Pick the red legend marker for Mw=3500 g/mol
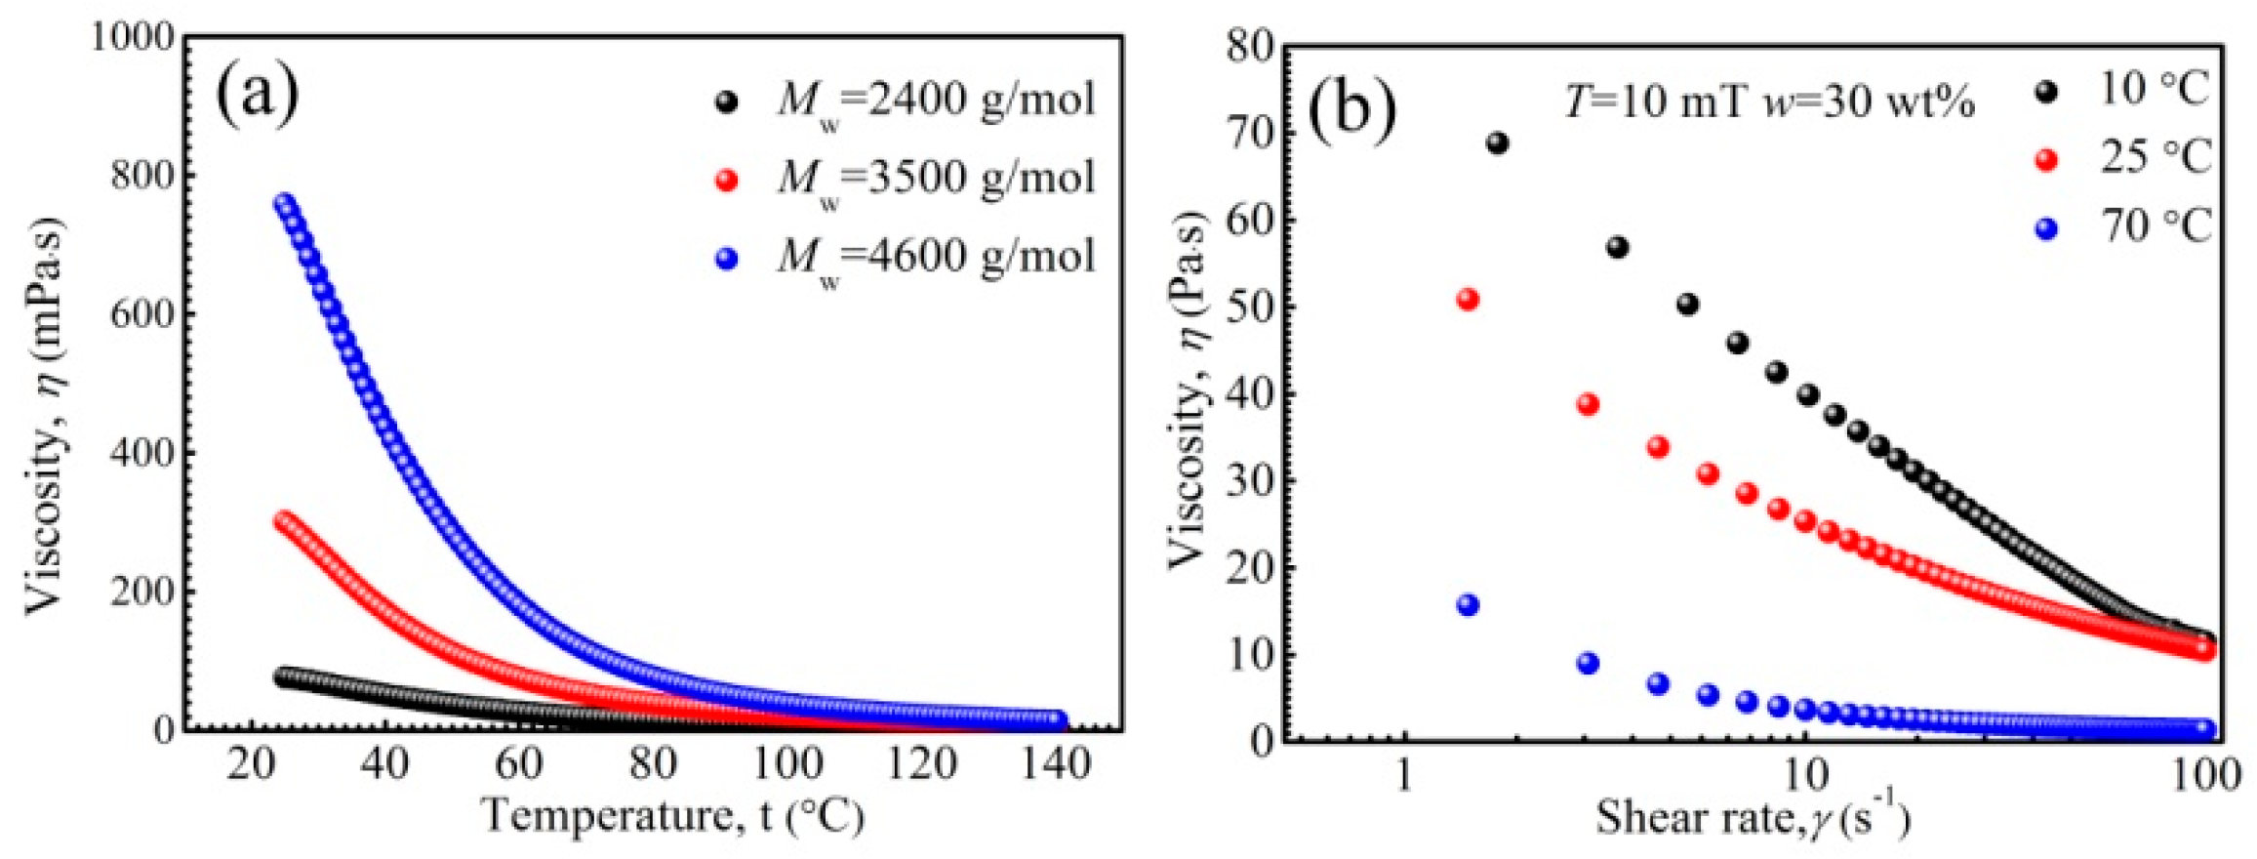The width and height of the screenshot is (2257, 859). point(727,181)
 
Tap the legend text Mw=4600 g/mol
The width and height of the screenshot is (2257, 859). point(935,258)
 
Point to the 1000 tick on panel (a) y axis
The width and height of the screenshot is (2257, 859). point(132,38)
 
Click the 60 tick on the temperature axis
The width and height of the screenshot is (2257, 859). point(518,763)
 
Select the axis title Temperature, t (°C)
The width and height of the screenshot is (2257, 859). point(673,816)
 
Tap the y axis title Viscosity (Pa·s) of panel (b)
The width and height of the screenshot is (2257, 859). point(1188,390)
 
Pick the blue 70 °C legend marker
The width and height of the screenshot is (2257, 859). point(2046,229)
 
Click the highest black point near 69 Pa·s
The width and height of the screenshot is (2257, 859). point(1497,143)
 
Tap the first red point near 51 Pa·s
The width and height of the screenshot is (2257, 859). point(1467,300)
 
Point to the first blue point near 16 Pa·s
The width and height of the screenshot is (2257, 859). point(1467,605)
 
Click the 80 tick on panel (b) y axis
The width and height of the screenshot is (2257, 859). point(1249,46)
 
